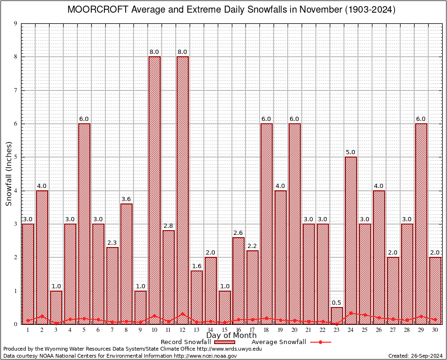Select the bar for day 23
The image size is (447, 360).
337,315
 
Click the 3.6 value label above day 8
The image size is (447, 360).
127,199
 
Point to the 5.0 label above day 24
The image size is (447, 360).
351,152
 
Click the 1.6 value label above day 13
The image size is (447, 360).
197,266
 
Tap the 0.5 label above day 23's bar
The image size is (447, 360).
337,302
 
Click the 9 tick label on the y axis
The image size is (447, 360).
15,23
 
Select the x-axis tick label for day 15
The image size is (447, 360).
225,330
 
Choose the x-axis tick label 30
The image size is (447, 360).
435,330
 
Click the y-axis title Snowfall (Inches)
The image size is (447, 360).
9,173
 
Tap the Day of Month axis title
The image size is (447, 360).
231,336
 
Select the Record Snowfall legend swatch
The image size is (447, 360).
228,342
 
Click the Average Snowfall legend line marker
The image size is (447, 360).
320,342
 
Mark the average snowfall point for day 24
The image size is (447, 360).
351,313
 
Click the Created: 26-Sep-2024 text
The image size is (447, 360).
415,356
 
